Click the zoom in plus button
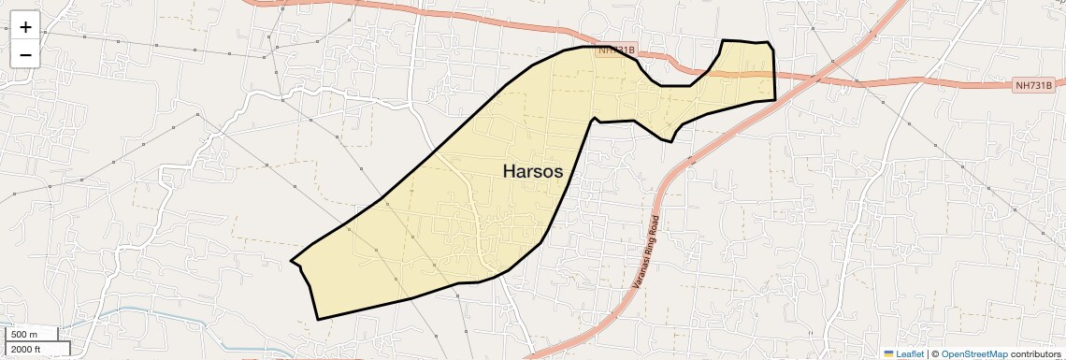pyautogui.click(x=25, y=27)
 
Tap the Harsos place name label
pyautogui.click(x=533, y=171)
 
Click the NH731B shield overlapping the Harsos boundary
pyautogui.click(x=616, y=50)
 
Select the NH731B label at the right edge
pyautogui.click(x=1036, y=85)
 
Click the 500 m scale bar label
pyautogui.click(x=24, y=334)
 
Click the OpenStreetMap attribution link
pyautogui.click(x=974, y=353)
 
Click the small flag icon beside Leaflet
pyautogui.click(x=888, y=353)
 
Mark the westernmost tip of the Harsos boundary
pyautogui.click(x=292, y=261)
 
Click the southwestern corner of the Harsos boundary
pyautogui.click(x=318, y=320)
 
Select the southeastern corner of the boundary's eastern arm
pyautogui.click(x=775, y=99)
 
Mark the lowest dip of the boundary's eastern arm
pyautogui.click(x=671, y=142)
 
